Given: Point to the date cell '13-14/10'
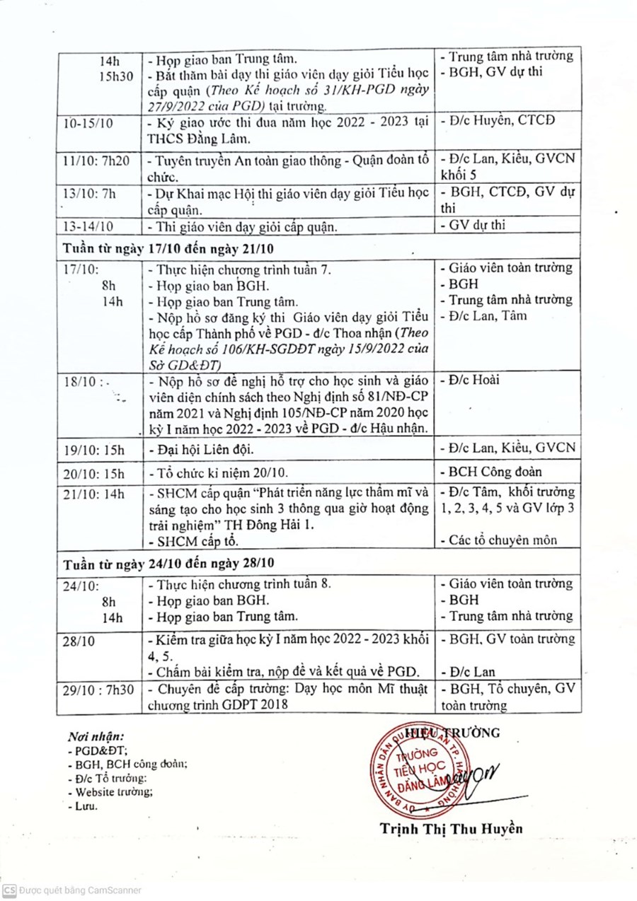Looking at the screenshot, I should [x=87, y=226].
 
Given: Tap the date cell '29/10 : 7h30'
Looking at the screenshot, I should [x=98, y=690].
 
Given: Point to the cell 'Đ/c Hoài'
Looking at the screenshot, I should [x=470, y=380].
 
